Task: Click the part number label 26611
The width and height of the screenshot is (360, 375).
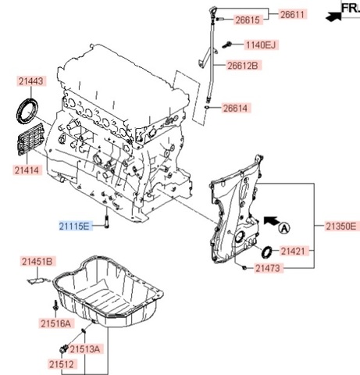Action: [x=293, y=14]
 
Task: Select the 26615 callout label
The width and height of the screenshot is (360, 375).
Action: [x=248, y=20]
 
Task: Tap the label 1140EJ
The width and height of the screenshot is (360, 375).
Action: [x=261, y=45]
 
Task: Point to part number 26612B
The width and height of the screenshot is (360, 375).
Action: [x=243, y=66]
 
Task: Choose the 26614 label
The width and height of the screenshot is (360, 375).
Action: [x=236, y=108]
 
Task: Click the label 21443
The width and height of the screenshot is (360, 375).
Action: [x=30, y=81]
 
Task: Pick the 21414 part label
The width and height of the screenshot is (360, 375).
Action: [x=27, y=170]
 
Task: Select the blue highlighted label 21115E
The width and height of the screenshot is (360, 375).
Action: [x=74, y=226]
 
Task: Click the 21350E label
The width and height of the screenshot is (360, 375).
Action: [x=341, y=227]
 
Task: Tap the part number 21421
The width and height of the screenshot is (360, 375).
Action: [x=293, y=252]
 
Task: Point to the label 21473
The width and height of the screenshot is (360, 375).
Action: [x=268, y=268]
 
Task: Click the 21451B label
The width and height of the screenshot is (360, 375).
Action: [x=37, y=262]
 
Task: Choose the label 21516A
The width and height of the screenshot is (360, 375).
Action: [x=55, y=323]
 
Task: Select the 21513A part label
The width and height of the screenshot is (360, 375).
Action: [x=85, y=349]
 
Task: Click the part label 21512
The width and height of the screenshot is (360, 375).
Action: [x=62, y=364]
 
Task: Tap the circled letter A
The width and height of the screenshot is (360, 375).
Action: [x=284, y=228]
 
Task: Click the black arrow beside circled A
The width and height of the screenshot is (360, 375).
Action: [x=271, y=220]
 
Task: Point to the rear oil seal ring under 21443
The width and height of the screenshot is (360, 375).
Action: [x=27, y=110]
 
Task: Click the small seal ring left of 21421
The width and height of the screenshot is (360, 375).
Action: [x=267, y=252]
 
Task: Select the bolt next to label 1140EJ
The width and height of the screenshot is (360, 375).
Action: [x=227, y=45]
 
